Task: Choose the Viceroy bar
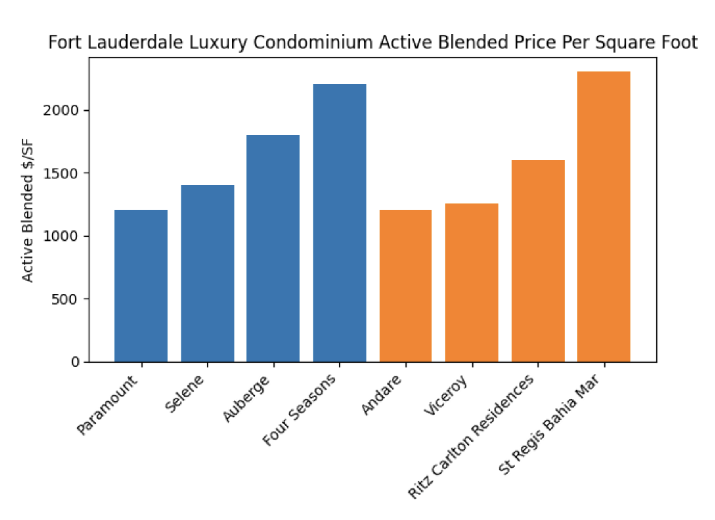[x=471, y=283]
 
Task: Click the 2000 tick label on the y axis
[x=61, y=110]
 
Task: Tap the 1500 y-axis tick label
[x=61, y=173]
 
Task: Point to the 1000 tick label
[x=61, y=236]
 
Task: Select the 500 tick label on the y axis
[x=64, y=299]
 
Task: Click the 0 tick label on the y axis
[x=75, y=362]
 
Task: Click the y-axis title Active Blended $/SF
[x=28, y=210]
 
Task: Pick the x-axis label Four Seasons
[x=299, y=410]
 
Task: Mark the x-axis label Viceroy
[x=446, y=395]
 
